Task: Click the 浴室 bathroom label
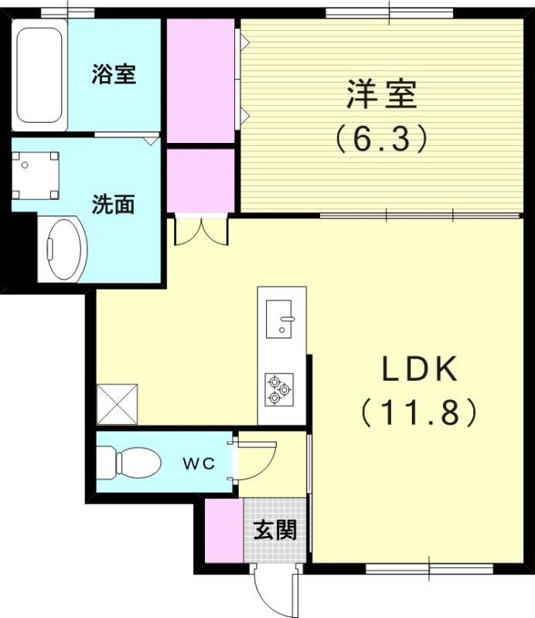click(x=114, y=75)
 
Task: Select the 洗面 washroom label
click(x=114, y=204)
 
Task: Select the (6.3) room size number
click(x=381, y=138)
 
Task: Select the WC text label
click(x=198, y=463)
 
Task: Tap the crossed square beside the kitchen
click(x=117, y=402)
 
